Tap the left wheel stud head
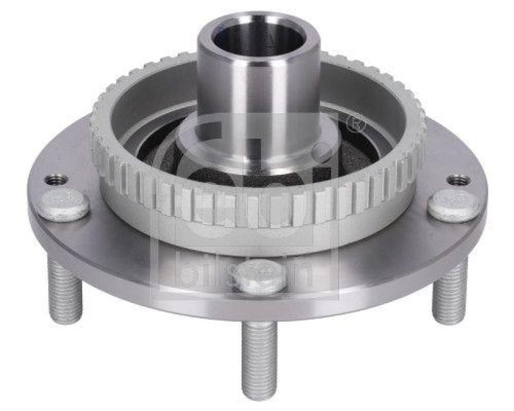pos(63,205)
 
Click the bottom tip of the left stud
pos(66,320)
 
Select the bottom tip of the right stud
pos(448,320)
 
